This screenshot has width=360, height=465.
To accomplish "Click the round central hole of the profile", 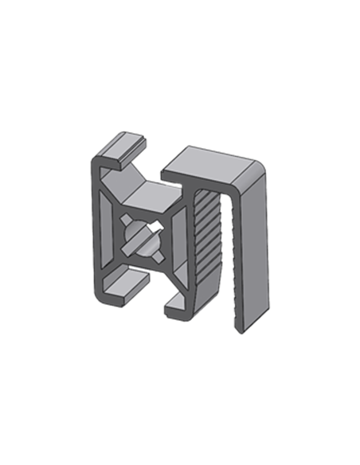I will tap(144, 237).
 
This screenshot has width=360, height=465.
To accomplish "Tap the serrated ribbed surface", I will tap(209, 239).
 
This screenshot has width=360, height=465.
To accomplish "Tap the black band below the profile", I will tap(179, 362).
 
